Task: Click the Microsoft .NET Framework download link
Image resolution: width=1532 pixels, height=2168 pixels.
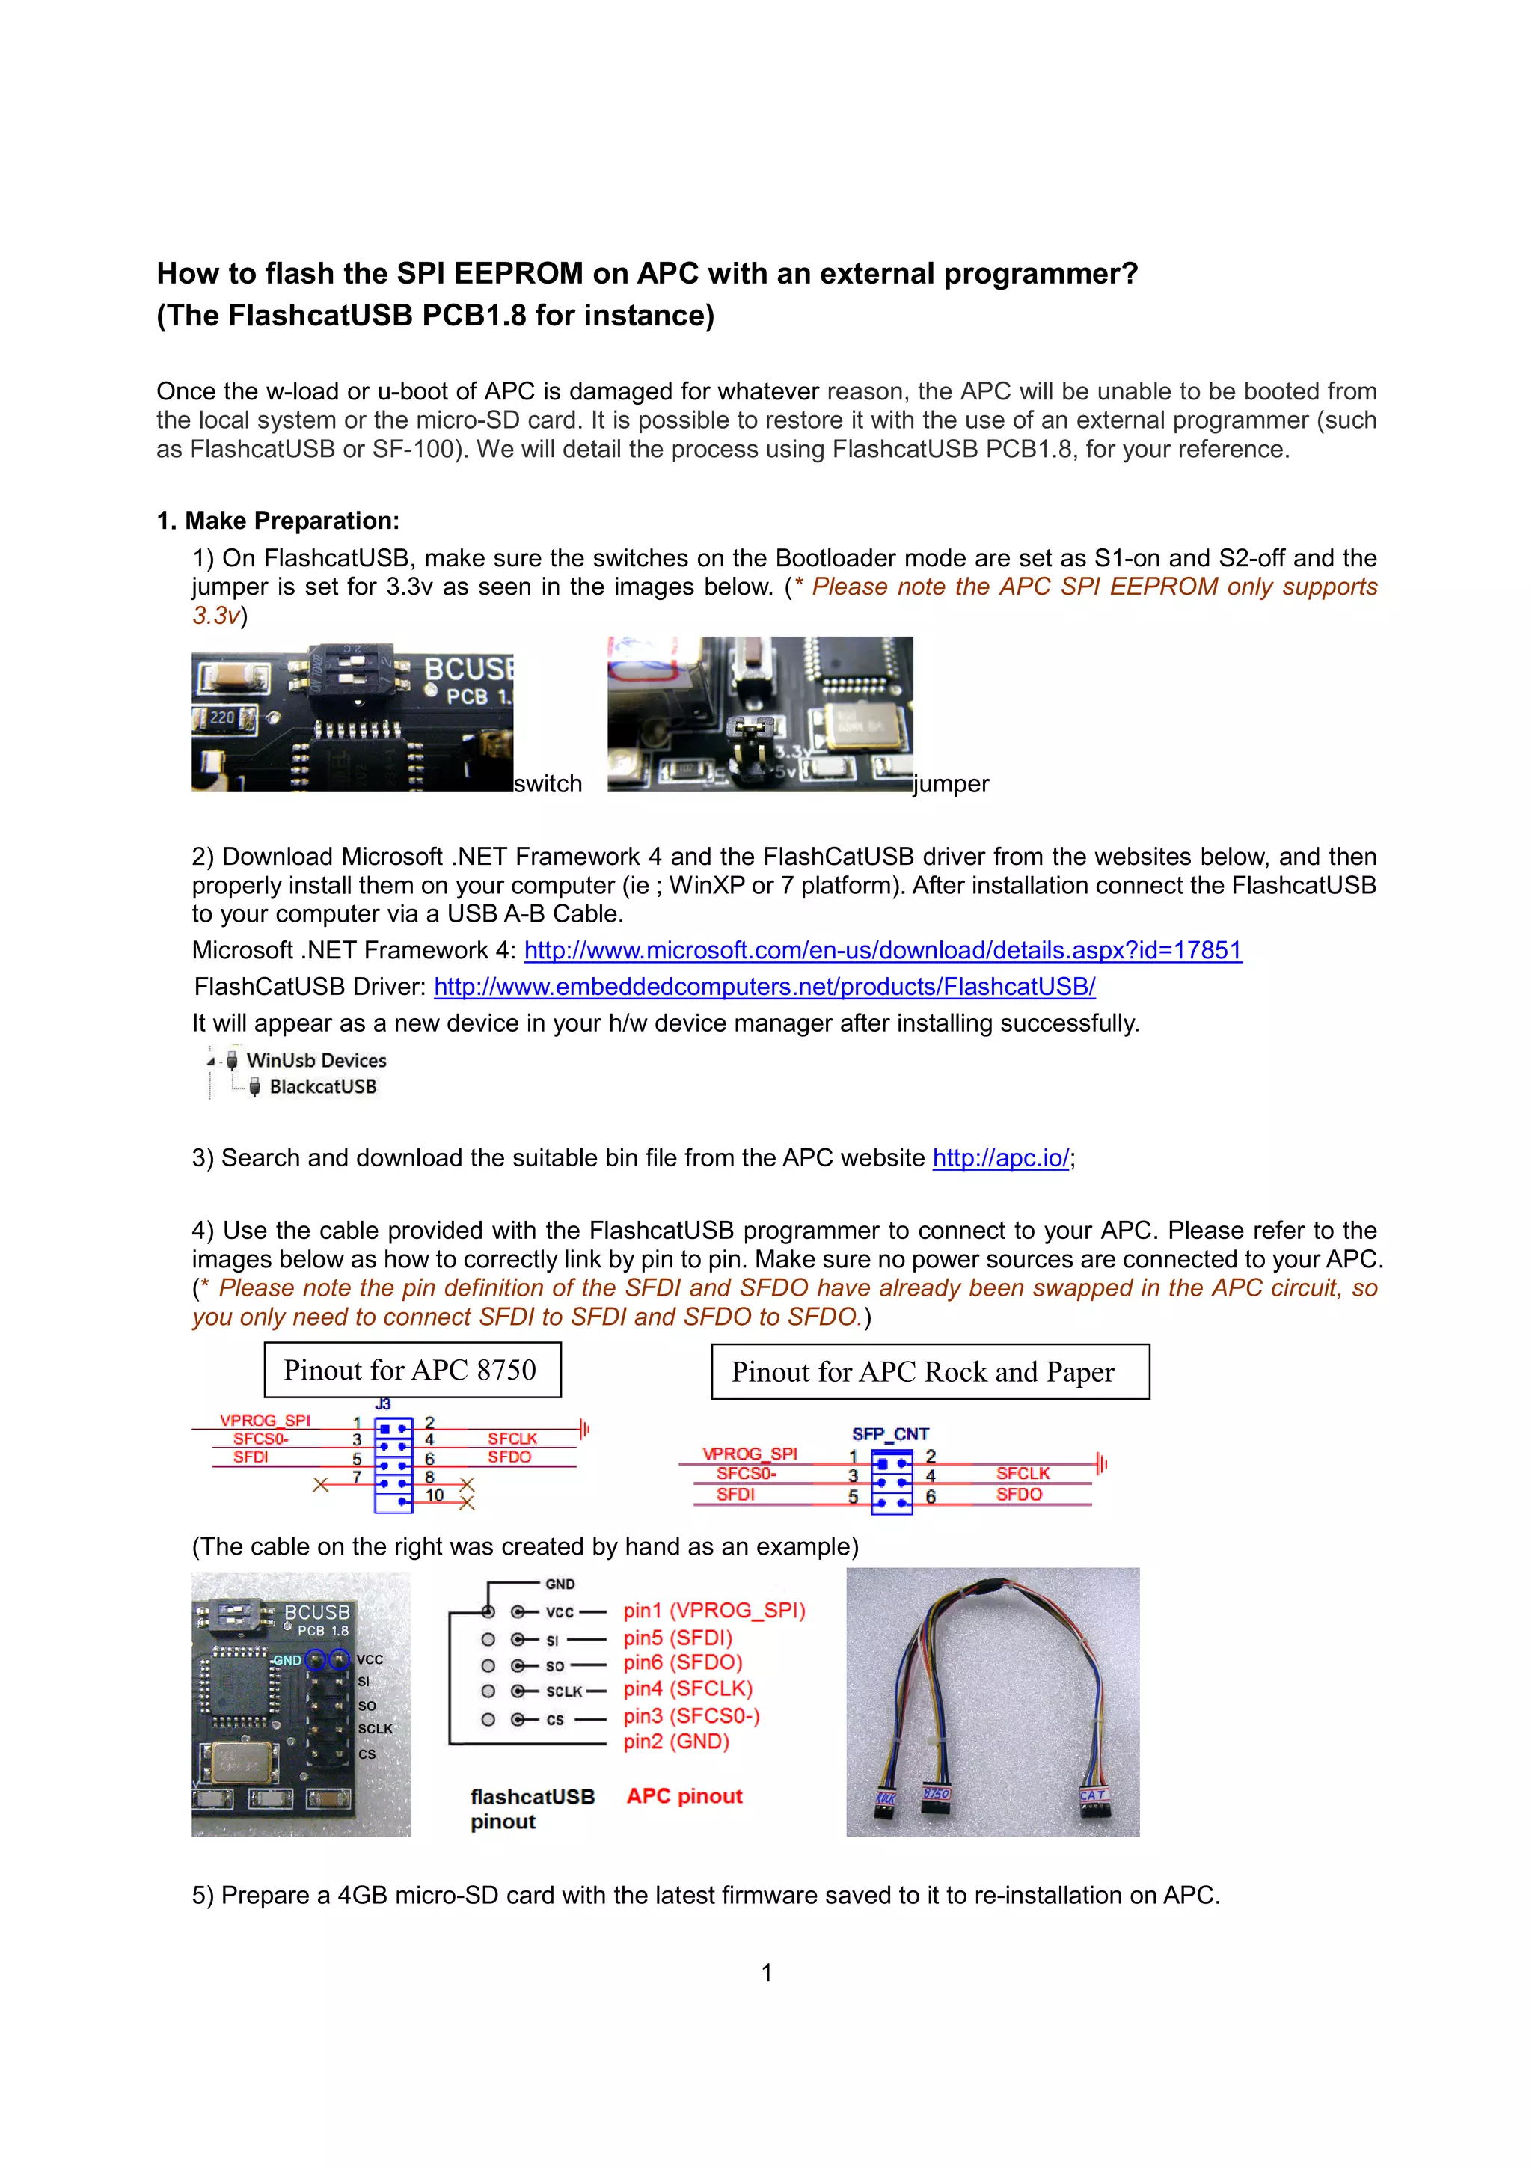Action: point(883,950)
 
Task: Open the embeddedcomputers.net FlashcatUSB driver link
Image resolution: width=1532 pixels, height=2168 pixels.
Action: point(765,987)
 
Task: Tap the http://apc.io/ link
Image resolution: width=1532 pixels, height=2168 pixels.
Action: point(1001,1159)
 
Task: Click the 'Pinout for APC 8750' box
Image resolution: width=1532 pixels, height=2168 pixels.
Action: point(412,1370)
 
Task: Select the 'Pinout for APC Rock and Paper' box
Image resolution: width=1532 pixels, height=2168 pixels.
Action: point(930,1372)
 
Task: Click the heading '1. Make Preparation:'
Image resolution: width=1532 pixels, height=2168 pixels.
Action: point(278,521)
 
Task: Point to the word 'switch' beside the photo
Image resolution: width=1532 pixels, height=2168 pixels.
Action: point(548,785)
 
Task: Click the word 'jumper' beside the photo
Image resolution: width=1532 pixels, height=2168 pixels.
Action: point(951,785)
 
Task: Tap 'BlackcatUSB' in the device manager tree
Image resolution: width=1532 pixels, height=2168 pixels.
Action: point(323,1087)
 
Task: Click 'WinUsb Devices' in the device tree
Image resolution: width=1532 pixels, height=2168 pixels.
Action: point(316,1060)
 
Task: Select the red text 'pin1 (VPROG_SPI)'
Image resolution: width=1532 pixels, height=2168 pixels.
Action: point(714,1611)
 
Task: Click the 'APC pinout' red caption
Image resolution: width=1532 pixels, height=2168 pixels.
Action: point(684,1796)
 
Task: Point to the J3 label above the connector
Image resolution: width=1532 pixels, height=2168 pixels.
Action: point(383,1404)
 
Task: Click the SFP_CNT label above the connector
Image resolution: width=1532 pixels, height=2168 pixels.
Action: point(890,1433)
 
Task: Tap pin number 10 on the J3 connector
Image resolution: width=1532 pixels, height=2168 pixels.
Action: point(434,1495)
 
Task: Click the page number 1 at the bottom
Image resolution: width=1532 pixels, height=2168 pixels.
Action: point(767,1973)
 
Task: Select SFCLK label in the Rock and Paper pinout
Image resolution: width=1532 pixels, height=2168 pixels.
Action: point(1023,1474)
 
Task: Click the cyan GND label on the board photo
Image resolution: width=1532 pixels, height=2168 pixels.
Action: point(287,1660)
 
